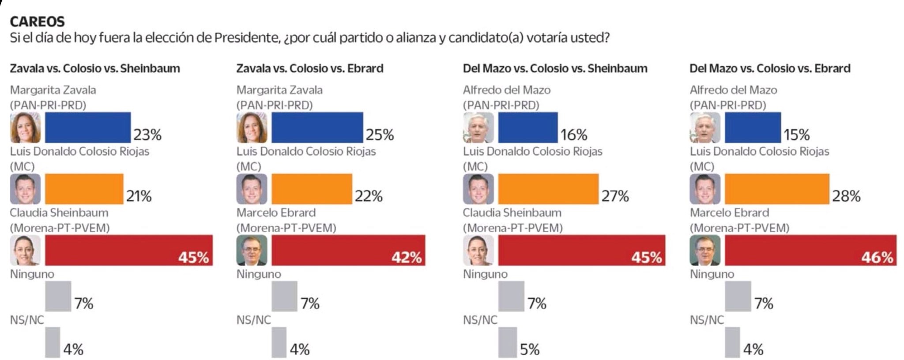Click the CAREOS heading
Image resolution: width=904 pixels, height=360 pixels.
pos(37,21)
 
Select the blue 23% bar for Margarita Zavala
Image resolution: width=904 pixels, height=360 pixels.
pos(87,127)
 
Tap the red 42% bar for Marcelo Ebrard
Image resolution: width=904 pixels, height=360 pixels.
pos(348,250)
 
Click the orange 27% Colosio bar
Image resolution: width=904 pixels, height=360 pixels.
pos(548,189)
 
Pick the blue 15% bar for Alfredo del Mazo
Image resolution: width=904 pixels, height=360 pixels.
pos(753,127)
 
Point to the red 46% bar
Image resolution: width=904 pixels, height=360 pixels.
pos(810,250)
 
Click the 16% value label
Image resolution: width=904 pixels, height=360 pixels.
pos(574,134)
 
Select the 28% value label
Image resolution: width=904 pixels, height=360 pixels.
pos(846,196)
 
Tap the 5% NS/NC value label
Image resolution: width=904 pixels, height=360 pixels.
pos(529,349)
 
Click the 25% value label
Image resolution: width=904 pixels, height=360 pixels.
pos(380,134)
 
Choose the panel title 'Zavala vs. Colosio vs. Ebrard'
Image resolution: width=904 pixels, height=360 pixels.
pos(309,68)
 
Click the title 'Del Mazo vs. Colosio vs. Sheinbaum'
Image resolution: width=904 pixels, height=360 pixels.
pos(555,68)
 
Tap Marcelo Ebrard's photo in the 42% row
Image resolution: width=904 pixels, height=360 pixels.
pos(252,250)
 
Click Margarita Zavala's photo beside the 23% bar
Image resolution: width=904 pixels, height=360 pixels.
pos(26,127)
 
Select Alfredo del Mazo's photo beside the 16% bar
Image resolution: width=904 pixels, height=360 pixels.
pos(478,127)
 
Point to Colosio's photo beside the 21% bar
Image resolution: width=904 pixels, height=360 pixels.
pos(26,189)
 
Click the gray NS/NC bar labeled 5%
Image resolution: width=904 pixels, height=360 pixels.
pos(507,342)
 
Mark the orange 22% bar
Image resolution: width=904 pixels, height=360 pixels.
pos(312,189)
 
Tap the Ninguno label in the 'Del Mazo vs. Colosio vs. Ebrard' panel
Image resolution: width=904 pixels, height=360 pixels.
pos(712,274)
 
